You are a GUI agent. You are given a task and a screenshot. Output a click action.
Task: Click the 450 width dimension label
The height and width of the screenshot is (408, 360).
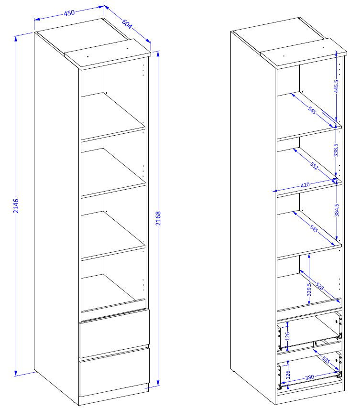pos(69,12)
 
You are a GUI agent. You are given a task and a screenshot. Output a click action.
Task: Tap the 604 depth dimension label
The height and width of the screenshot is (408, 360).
pos(127,24)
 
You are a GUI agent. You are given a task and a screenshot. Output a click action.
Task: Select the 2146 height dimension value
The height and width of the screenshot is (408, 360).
pos(16,206)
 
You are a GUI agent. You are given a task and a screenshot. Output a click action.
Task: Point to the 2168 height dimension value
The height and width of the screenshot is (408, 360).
pos(158,218)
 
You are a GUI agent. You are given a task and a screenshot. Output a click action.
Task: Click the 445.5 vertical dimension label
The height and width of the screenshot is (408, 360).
pos(336,86)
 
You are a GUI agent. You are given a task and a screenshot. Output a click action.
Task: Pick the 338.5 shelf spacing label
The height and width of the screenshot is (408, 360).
pos(336,150)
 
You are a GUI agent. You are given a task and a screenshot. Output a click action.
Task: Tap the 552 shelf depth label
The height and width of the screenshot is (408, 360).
pos(314,166)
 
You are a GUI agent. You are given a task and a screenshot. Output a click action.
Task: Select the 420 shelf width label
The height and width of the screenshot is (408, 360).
pos(305,185)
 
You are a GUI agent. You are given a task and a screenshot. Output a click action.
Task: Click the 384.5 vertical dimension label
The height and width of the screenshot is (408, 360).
pos(337,210)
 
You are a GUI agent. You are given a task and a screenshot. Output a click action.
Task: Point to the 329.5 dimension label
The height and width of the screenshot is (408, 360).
pos(309,290)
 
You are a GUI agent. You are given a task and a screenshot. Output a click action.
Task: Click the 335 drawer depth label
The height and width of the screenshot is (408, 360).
pos(326,360)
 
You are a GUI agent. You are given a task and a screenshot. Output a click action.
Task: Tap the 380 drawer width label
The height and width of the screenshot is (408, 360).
pos(309,377)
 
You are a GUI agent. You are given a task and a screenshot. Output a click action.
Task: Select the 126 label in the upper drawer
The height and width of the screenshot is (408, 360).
pos(287,336)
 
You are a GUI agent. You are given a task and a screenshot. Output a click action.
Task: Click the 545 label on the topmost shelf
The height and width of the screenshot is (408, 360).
pos(312,110)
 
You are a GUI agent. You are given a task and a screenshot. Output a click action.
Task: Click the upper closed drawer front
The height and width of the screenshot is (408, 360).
pos(115,333)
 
